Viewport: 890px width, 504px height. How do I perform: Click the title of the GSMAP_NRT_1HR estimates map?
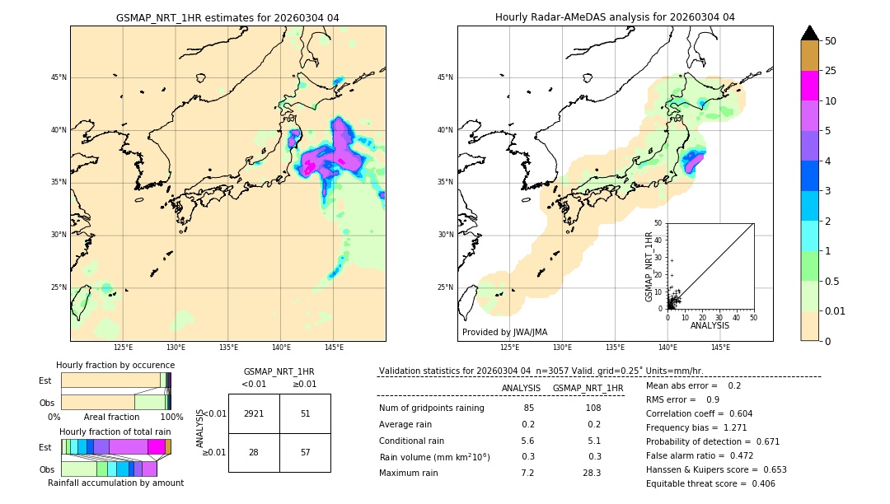click(x=227, y=17)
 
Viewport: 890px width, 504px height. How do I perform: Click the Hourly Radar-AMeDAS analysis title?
click(x=615, y=17)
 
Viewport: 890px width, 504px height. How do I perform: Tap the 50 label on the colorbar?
click(x=831, y=41)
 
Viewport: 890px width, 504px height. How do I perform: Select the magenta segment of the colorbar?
click(x=810, y=86)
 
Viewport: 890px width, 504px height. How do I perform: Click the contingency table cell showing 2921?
click(x=254, y=413)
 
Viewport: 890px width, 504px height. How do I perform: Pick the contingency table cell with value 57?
click(x=305, y=452)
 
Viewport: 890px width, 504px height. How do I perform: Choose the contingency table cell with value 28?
click(x=254, y=452)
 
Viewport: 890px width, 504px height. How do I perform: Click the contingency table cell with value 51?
click(x=305, y=413)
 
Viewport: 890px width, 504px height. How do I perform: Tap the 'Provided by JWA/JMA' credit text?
click(x=504, y=333)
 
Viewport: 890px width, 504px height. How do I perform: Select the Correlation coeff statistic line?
click(x=699, y=413)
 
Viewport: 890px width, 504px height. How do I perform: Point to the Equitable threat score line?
click(x=710, y=483)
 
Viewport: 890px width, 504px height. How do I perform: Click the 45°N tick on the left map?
click(x=59, y=77)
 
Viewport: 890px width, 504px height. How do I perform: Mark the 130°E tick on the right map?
click(x=563, y=348)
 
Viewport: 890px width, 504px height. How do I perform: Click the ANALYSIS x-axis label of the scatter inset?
click(x=710, y=326)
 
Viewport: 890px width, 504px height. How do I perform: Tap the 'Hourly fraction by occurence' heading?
click(x=115, y=365)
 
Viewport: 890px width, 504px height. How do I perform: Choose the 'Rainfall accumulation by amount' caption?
click(x=115, y=483)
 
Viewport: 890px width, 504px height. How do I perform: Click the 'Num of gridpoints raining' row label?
click(x=432, y=408)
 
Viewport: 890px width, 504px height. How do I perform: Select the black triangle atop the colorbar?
click(x=810, y=33)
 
